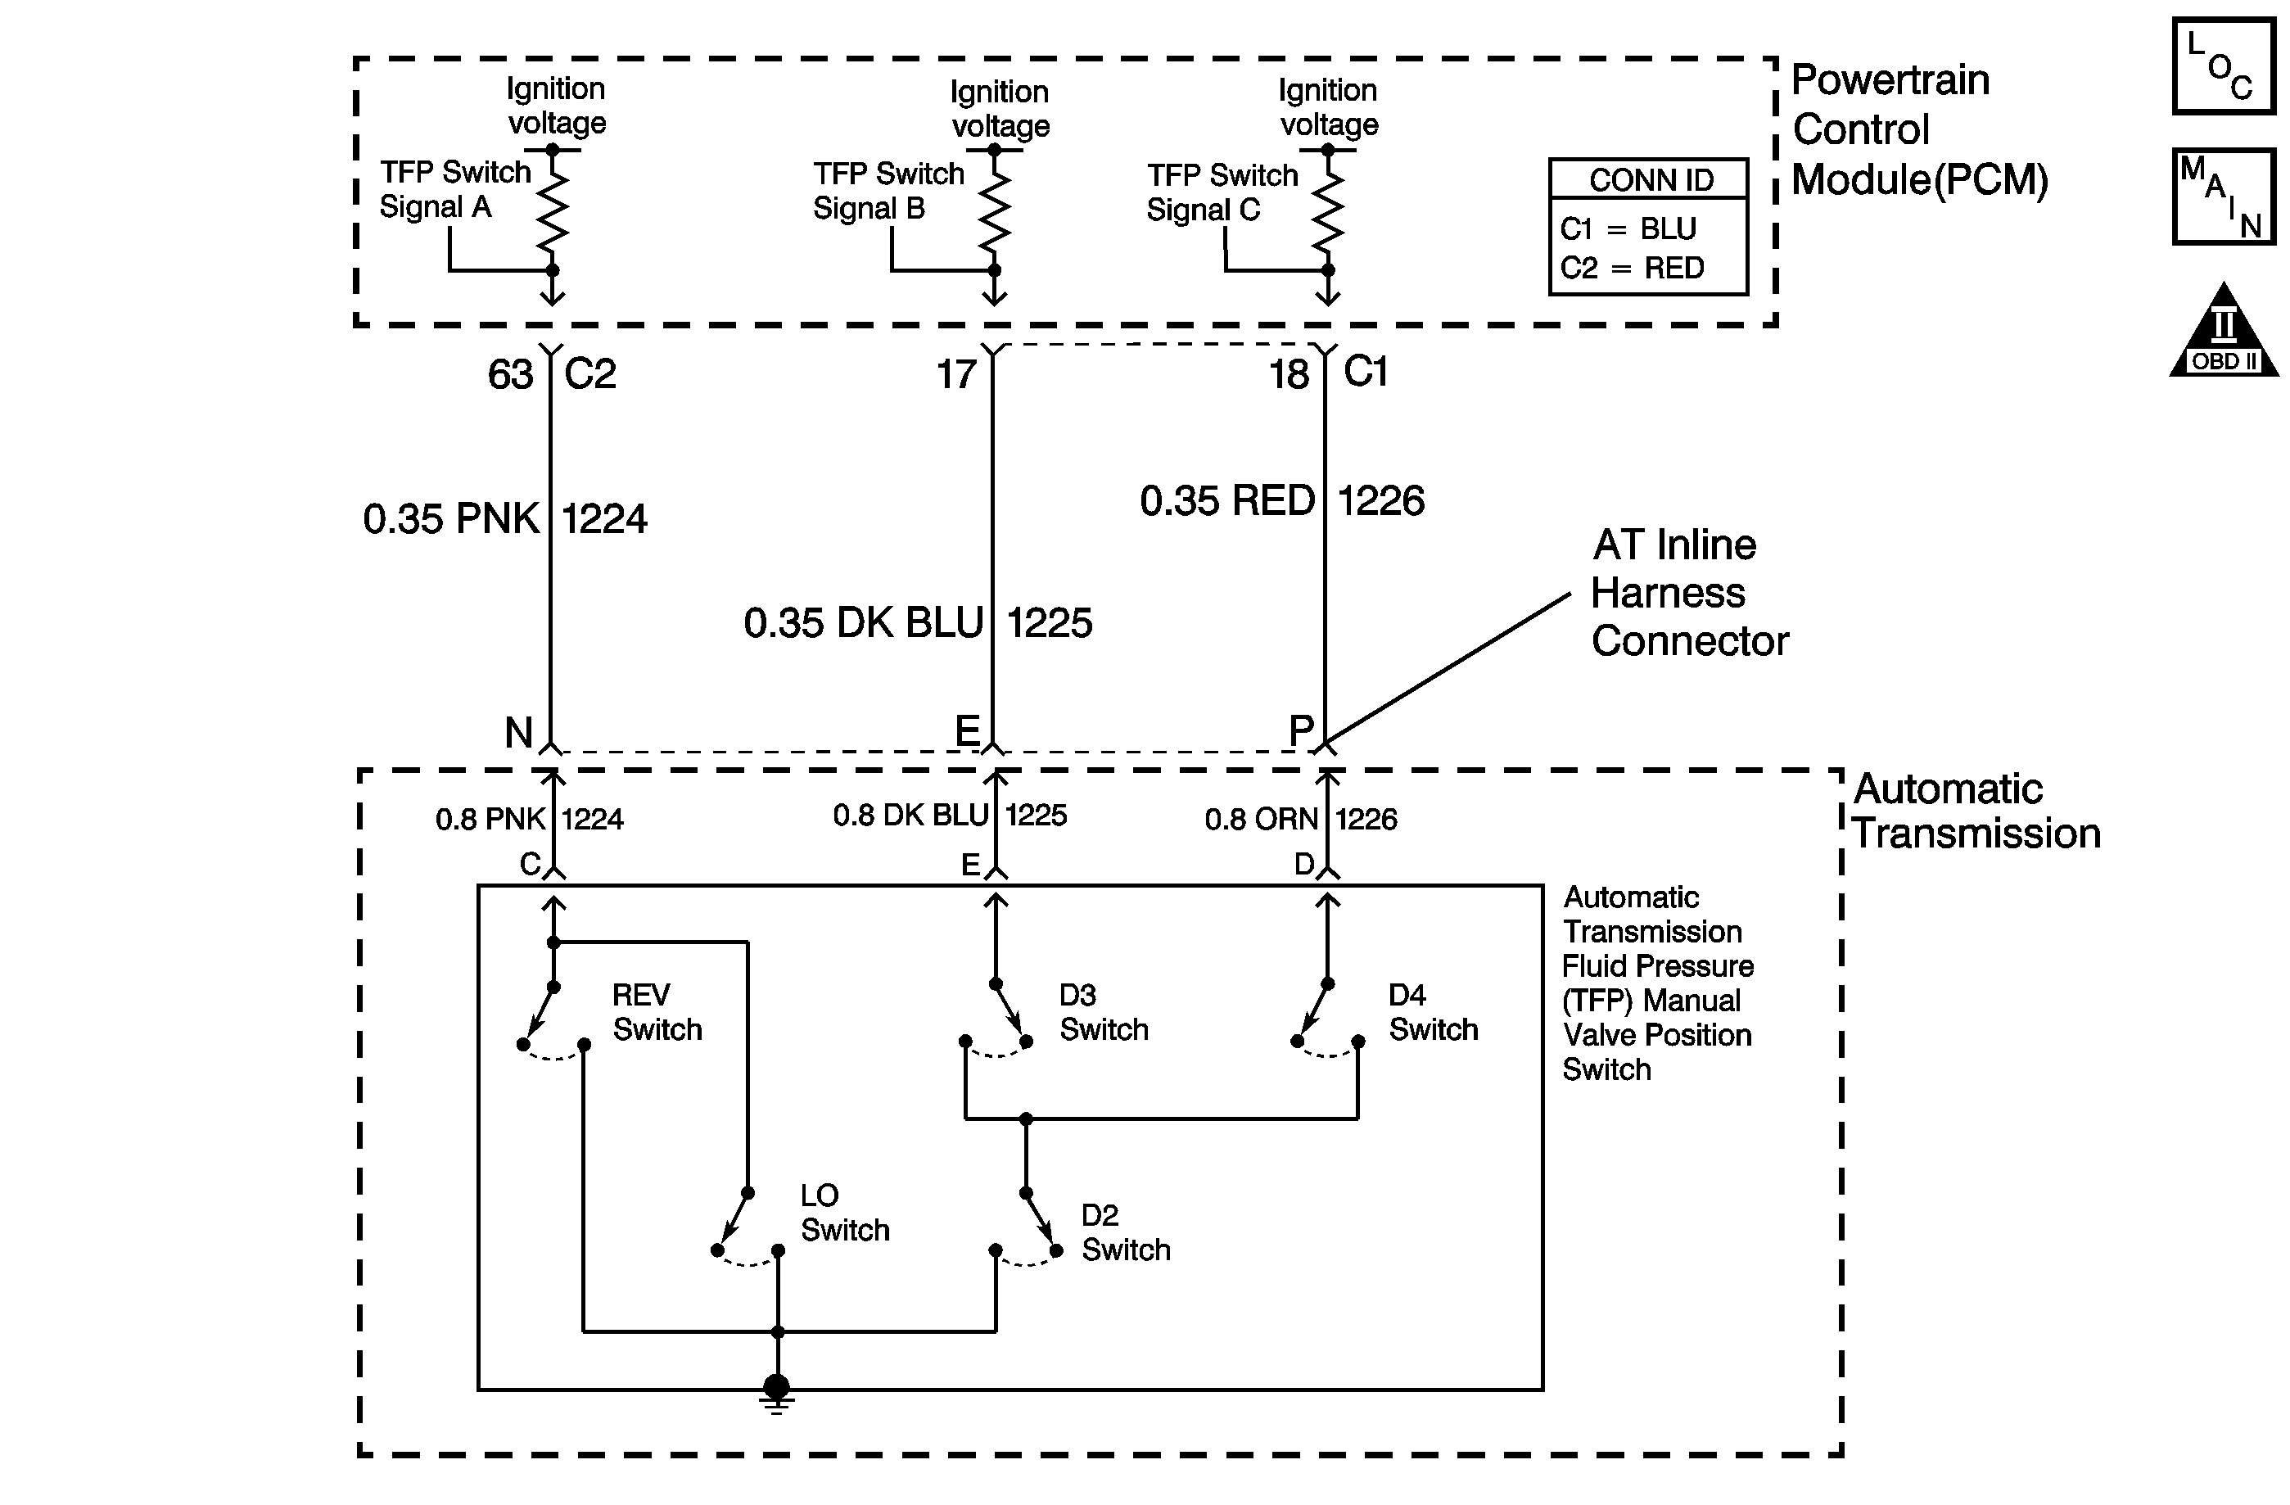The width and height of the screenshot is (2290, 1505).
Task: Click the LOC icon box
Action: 2223,66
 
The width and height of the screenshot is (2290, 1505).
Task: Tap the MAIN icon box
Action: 2223,197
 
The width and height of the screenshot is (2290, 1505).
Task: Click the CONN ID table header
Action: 1650,180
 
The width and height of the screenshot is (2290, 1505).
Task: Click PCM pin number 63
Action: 510,374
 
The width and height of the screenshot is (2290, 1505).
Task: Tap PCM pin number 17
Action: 956,374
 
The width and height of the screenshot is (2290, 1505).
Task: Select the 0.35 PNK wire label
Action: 450,518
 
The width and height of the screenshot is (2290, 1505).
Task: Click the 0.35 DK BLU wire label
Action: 863,622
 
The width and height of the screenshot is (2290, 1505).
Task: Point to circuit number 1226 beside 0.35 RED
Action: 1380,500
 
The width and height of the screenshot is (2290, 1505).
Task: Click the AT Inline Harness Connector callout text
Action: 1688,593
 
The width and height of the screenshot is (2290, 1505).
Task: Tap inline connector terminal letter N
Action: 518,733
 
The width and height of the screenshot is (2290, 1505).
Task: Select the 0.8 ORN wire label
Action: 1261,819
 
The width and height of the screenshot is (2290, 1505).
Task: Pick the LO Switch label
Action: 844,1213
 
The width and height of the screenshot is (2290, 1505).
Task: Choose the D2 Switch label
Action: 1125,1232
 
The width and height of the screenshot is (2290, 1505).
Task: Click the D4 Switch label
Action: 1432,1012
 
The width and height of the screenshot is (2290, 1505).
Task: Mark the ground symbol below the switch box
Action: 776,1393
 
